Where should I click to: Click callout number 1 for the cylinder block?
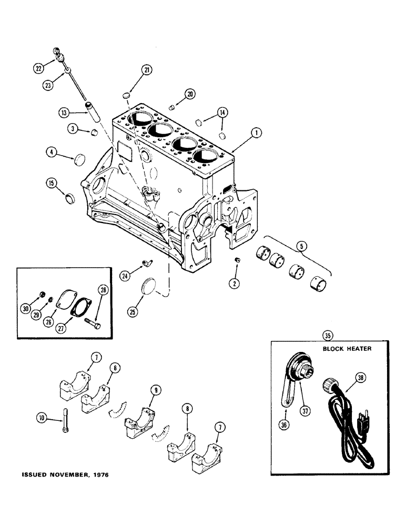[256, 134]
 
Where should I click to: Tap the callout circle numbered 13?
[64, 113]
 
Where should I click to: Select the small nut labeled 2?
[236, 260]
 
